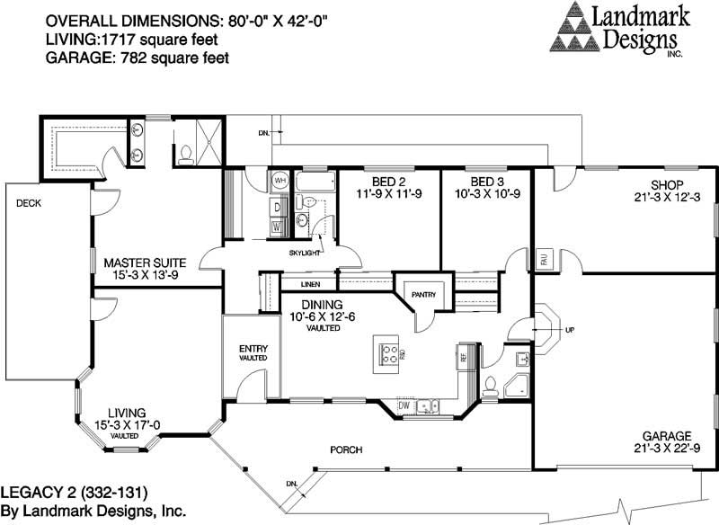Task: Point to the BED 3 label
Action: (x=485, y=168)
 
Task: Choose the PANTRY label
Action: (x=422, y=294)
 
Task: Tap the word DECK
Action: (x=29, y=203)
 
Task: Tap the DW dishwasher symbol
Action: (x=404, y=406)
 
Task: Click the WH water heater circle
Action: (x=280, y=181)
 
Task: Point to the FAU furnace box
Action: (x=544, y=259)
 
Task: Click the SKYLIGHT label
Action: (x=306, y=254)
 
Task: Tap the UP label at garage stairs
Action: (x=570, y=330)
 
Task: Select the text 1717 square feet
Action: (x=126, y=40)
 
